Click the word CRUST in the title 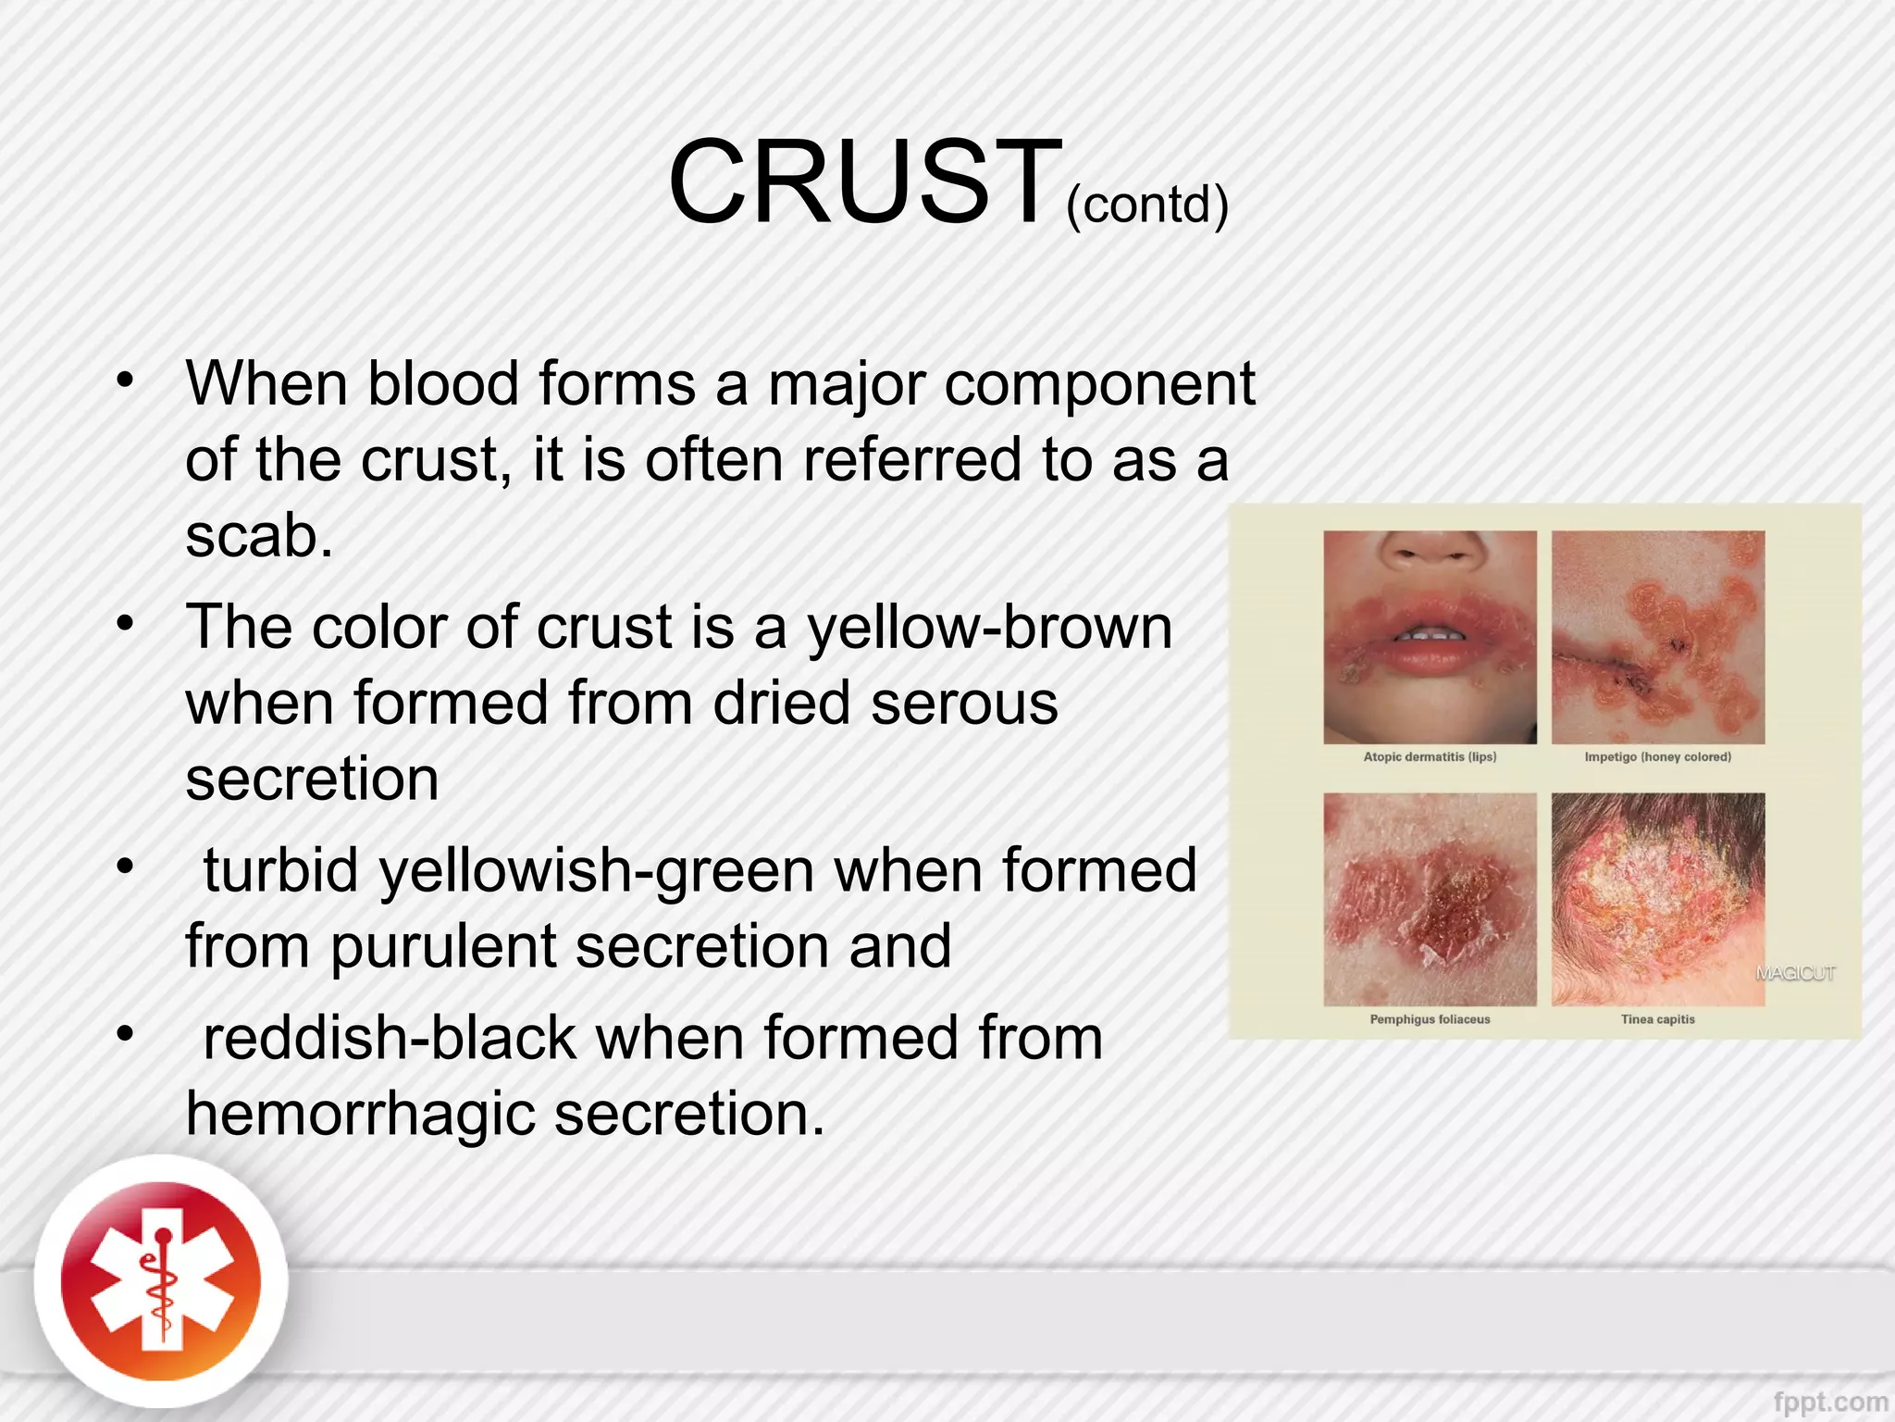pos(865,181)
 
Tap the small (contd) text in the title pos(1147,205)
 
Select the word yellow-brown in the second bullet pos(990,628)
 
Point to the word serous pos(963,704)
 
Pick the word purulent pos(442,947)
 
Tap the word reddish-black pos(389,1038)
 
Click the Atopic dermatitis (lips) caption pos(1430,757)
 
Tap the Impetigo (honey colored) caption pos(1657,757)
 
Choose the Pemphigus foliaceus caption pos(1430,1019)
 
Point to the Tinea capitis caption pos(1657,1019)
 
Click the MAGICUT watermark pos(1795,973)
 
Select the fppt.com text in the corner pos(1830,1403)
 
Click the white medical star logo pos(161,1282)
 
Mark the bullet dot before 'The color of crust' pos(126,623)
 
